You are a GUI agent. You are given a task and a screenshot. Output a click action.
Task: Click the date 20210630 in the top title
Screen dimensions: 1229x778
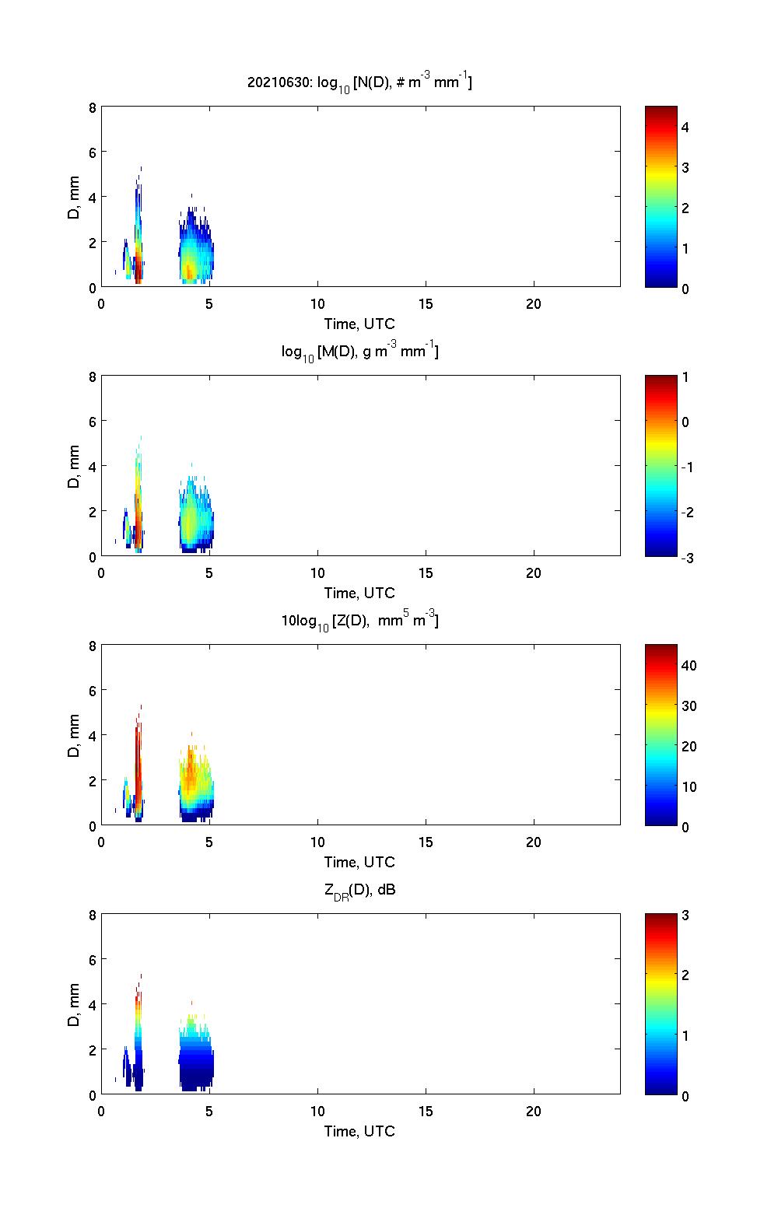tap(274, 82)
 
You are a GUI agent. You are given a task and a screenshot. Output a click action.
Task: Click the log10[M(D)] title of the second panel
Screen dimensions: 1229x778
tap(359, 352)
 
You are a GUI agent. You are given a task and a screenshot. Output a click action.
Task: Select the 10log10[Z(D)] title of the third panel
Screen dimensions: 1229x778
tap(359, 621)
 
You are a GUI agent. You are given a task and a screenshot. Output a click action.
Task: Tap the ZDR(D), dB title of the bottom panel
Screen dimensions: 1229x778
tap(359, 890)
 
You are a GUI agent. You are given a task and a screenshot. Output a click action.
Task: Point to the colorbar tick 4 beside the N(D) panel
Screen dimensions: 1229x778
tap(685, 127)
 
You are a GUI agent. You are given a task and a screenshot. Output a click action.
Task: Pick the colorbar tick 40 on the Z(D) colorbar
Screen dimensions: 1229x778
tap(689, 665)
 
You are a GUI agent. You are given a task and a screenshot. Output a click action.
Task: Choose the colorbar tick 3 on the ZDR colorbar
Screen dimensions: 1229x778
tap(685, 915)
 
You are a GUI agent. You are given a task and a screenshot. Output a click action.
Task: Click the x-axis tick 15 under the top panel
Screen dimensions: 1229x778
tap(426, 304)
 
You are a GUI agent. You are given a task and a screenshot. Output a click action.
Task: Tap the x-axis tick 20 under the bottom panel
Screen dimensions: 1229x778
tap(534, 1111)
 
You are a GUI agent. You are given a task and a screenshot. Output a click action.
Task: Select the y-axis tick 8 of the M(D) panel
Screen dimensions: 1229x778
tap(93, 376)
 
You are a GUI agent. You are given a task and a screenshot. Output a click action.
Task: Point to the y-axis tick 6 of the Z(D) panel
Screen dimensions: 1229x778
tap(93, 690)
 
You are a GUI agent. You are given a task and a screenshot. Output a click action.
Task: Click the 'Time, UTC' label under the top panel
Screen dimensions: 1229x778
tap(359, 324)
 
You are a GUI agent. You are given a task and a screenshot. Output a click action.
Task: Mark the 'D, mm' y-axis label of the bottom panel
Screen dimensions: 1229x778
tap(75, 1005)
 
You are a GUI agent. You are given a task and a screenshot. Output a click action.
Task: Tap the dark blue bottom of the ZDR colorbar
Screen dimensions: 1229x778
tap(661, 1089)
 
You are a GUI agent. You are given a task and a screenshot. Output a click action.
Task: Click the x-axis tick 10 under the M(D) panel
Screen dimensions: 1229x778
tap(317, 573)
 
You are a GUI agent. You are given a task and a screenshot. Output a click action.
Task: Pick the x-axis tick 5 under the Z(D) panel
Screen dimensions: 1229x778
tap(209, 842)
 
